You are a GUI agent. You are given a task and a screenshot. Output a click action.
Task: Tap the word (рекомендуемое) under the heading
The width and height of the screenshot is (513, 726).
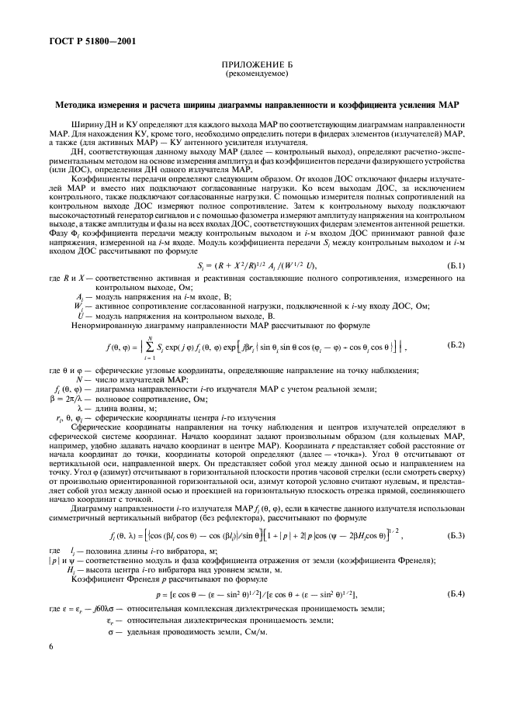click(255, 74)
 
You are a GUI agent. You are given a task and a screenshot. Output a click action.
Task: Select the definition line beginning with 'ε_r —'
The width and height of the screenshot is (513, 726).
click(186, 622)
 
